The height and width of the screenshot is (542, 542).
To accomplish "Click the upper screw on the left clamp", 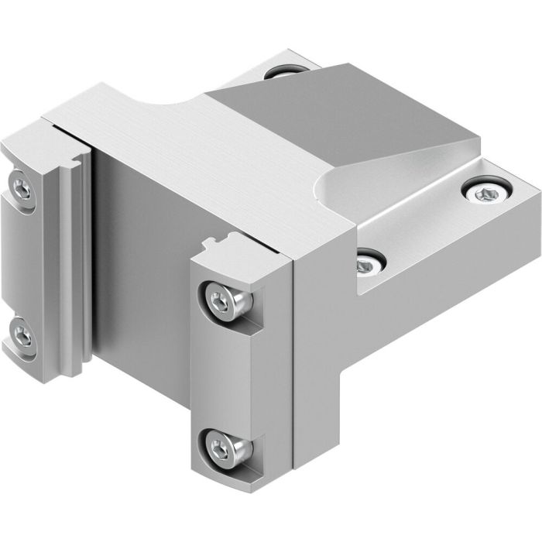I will pos(22,187).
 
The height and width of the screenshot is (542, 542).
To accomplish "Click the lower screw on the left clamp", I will pos(24,337).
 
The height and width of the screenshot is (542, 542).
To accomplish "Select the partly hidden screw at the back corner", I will pos(280,71).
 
